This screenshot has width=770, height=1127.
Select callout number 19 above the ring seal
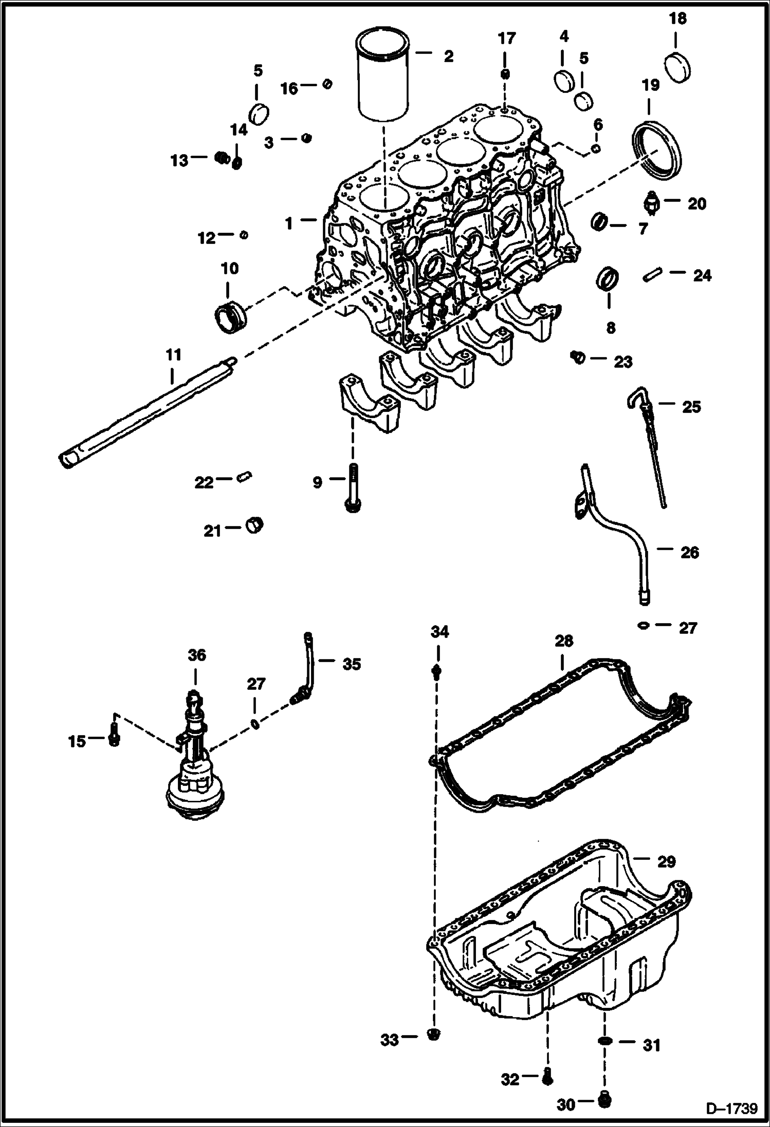[x=650, y=85]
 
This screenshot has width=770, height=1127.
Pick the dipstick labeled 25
[x=649, y=452]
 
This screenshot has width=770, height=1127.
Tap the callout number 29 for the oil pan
[x=666, y=861]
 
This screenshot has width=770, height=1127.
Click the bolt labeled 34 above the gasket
[x=437, y=671]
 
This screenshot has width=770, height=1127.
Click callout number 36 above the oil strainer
[x=197, y=655]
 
